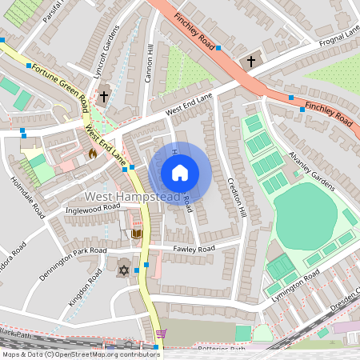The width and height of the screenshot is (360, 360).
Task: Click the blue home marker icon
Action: click(x=180, y=173)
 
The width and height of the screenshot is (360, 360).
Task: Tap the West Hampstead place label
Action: click(x=121, y=196)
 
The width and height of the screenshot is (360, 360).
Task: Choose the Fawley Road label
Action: click(x=194, y=250)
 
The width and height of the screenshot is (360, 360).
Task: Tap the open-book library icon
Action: click(x=135, y=233)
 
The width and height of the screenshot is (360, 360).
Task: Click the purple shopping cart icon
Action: click(x=162, y=334)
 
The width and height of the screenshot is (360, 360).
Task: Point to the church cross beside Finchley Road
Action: click(x=250, y=61)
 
